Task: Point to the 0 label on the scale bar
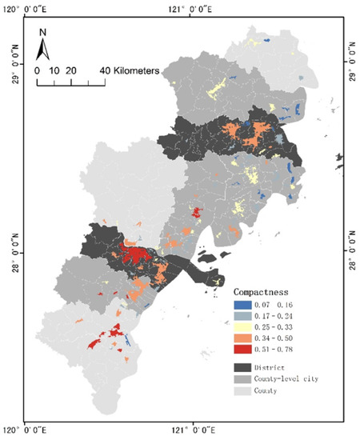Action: (37, 71)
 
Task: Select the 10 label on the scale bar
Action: (53, 71)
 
